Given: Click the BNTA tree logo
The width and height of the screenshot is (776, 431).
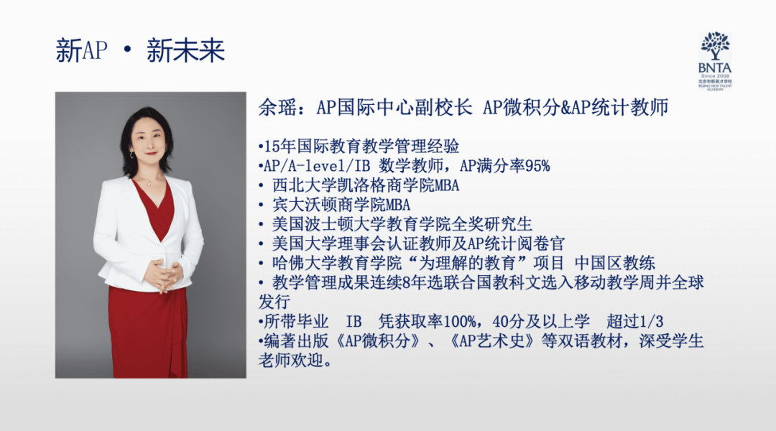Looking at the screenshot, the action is point(715,61).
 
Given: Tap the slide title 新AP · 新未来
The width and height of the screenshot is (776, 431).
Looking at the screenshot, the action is point(140,50).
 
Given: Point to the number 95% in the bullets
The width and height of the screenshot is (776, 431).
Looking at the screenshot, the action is point(537,166).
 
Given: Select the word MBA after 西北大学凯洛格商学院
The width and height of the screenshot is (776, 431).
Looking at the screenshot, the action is point(446,185).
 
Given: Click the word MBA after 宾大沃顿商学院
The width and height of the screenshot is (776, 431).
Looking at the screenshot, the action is point(398,205).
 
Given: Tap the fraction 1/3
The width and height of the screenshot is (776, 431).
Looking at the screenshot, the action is point(651,322).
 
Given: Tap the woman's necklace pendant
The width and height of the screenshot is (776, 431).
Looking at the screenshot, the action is point(149,184).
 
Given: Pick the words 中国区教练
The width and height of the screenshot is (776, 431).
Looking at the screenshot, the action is point(614,263).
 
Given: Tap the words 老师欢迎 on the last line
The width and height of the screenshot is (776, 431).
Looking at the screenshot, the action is point(291,360).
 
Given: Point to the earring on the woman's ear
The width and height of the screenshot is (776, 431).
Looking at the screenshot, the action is point(132,155).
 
